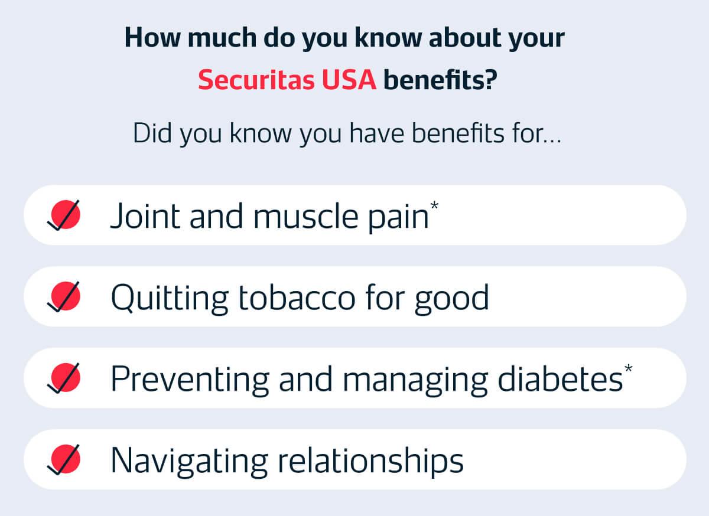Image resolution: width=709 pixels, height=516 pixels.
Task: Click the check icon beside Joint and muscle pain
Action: coord(63,215)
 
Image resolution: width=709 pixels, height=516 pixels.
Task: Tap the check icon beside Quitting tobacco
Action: coord(63,296)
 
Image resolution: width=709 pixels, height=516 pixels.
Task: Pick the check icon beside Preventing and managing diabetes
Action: coord(63,378)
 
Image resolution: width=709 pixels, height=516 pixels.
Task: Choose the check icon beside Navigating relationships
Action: coord(63,459)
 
